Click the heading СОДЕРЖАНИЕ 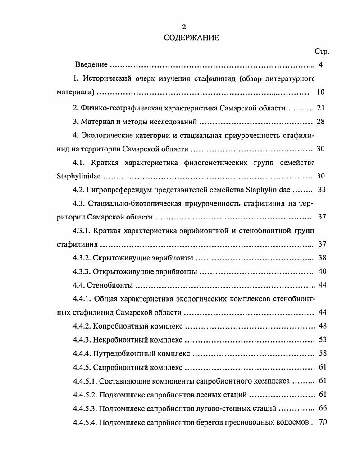pyautogui.click(x=191, y=38)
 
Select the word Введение pyautogui.click(x=91, y=65)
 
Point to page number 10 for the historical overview pyautogui.click(x=320, y=92)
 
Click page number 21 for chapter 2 pyautogui.click(x=320, y=108)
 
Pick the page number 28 pyautogui.click(x=320, y=122)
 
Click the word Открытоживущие pyautogui.click(x=122, y=272)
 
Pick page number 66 pyautogui.click(x=322, y=409)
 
